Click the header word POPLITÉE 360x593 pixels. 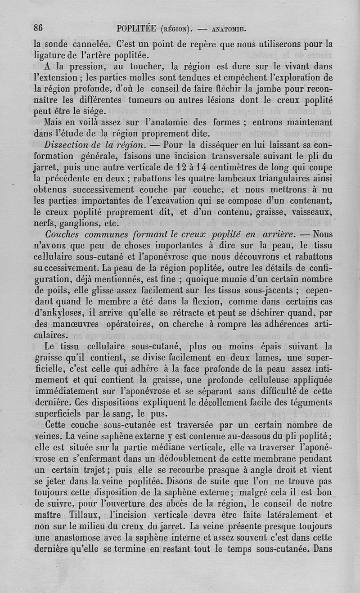coord(136,29)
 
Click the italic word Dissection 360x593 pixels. coord(67,145)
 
